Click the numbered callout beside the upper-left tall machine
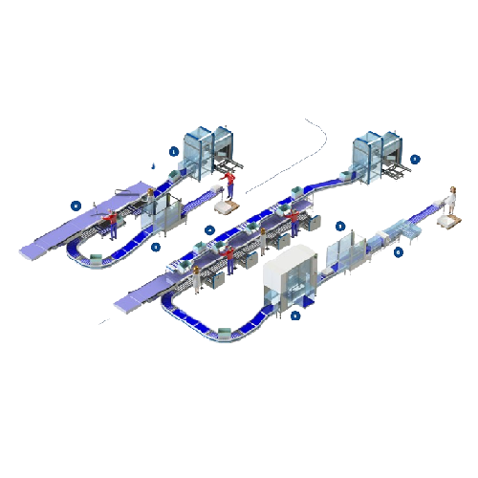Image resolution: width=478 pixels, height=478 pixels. point(173,151)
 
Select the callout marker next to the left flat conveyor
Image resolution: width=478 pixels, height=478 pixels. point(76,204)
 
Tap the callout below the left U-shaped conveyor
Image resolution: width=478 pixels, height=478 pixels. point(156,246)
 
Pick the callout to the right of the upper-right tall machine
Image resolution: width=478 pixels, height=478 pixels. point(414,159)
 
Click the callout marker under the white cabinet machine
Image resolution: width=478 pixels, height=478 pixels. point(295,314)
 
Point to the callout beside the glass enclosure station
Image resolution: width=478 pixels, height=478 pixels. point(340,228)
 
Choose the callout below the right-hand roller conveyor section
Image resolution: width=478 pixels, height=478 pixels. point(399,252)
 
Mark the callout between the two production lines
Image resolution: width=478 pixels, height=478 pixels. point(210,229)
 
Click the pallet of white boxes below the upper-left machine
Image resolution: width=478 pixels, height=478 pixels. point(228,203)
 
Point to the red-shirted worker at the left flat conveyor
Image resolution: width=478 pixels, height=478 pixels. point(112,225)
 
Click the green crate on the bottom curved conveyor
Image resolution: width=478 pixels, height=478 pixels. point(225,332)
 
